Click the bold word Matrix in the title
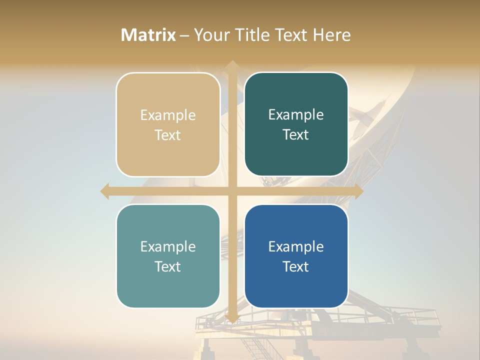click(x=148, y=35)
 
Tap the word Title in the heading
click(x=255, y=35)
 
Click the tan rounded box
click(x=168, y=124)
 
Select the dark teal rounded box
click(x=296, y=124)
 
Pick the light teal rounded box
click(x=168, y=256)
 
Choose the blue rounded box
click(x=296, y=256)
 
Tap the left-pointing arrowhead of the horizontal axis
click(x=105, y=191)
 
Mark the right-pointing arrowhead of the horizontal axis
click(x=358, y=191)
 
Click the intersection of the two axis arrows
click(x=232, y=191)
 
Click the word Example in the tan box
click(x=168, y=115)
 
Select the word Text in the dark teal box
click(x=296, y=135)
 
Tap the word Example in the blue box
click(x=296, y=247)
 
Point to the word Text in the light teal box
click(x=168, y=266)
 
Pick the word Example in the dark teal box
click(x=296, y=115)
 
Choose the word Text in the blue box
click(x=296, y=266)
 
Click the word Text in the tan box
click(x=168, y=135)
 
